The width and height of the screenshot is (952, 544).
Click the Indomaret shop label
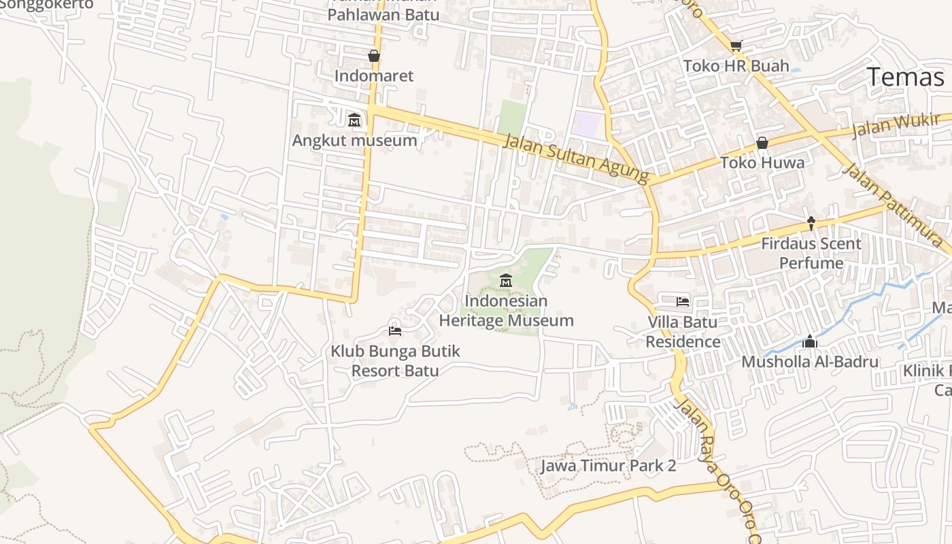click(x=373, y=75)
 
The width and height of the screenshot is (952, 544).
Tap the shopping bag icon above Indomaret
click(x=373, y=56)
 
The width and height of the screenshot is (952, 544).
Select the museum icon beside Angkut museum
click(x=354, y=120)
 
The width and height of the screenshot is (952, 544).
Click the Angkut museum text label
click(x=354, y=141)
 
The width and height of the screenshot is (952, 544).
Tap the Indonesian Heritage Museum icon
click(x=506, y=280)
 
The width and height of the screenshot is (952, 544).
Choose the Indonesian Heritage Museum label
click(x=506, y=310)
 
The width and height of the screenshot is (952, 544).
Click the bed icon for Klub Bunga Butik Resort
click(x=394, y=331)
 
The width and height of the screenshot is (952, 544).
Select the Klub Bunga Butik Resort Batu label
click(x=395, y=361)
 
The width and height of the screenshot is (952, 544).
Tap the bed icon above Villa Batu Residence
click(x=683, y=301)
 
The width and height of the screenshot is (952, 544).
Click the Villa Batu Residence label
click(x=683, y=332)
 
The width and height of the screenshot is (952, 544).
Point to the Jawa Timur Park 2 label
click(x=608, y=466)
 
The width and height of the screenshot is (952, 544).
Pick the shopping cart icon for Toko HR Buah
click(x=736, y=46)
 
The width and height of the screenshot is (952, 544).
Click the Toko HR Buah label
click(x=736, y=66)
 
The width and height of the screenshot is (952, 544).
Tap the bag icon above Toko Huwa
click(x=762, y=143)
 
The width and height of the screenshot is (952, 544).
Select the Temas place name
click(x=905, y=78)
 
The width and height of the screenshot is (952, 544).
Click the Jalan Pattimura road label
click(x=891, y=204)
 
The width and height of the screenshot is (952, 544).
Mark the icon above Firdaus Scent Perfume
click(x=811, y=222)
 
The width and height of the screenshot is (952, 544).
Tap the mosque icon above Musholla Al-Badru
click(x=809, y=341)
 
